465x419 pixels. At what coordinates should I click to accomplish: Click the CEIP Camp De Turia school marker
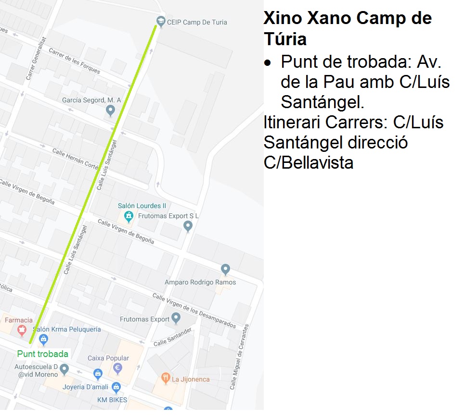pyautogui.click(x=160, y=21)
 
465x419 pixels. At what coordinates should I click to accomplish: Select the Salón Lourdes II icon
pyautogui.click(x=128, y=217)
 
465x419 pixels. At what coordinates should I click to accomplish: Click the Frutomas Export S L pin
pyautogui.click(x=188, y=226)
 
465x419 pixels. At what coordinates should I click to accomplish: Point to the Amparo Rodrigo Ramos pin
pyautogui.click(x=225, y=270)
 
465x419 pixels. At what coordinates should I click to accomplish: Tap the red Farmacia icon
pyautogui.click(x=21, y=330)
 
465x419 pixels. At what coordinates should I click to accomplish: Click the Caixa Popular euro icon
pyautogui.click(x=117, y=368)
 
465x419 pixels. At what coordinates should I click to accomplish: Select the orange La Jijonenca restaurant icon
pyautogui.click(x=166, y=378)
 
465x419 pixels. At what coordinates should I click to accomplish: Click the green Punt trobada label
pyautogui.click(x=42, y=354)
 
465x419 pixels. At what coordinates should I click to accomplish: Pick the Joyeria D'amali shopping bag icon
pyautogui.click(x=116, y=387)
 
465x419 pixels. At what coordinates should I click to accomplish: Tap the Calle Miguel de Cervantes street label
pyautogui.click(x=239, y=357)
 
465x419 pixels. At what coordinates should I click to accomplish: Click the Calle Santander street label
pyautogui.click(x=173, y=337)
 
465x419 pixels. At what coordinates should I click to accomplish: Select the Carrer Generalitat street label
pyautogui.click(x=36, y=58)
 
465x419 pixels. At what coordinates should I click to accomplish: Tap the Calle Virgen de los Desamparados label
pyautogui.click(x=194, y=310)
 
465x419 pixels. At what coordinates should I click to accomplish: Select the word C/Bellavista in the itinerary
pyautogui.click(x=309, y=162)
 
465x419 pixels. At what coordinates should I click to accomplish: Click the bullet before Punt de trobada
pyautogui.click(x=268, y=63)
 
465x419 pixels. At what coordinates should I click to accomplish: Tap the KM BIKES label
pyautogui.click(x=112, y=400)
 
